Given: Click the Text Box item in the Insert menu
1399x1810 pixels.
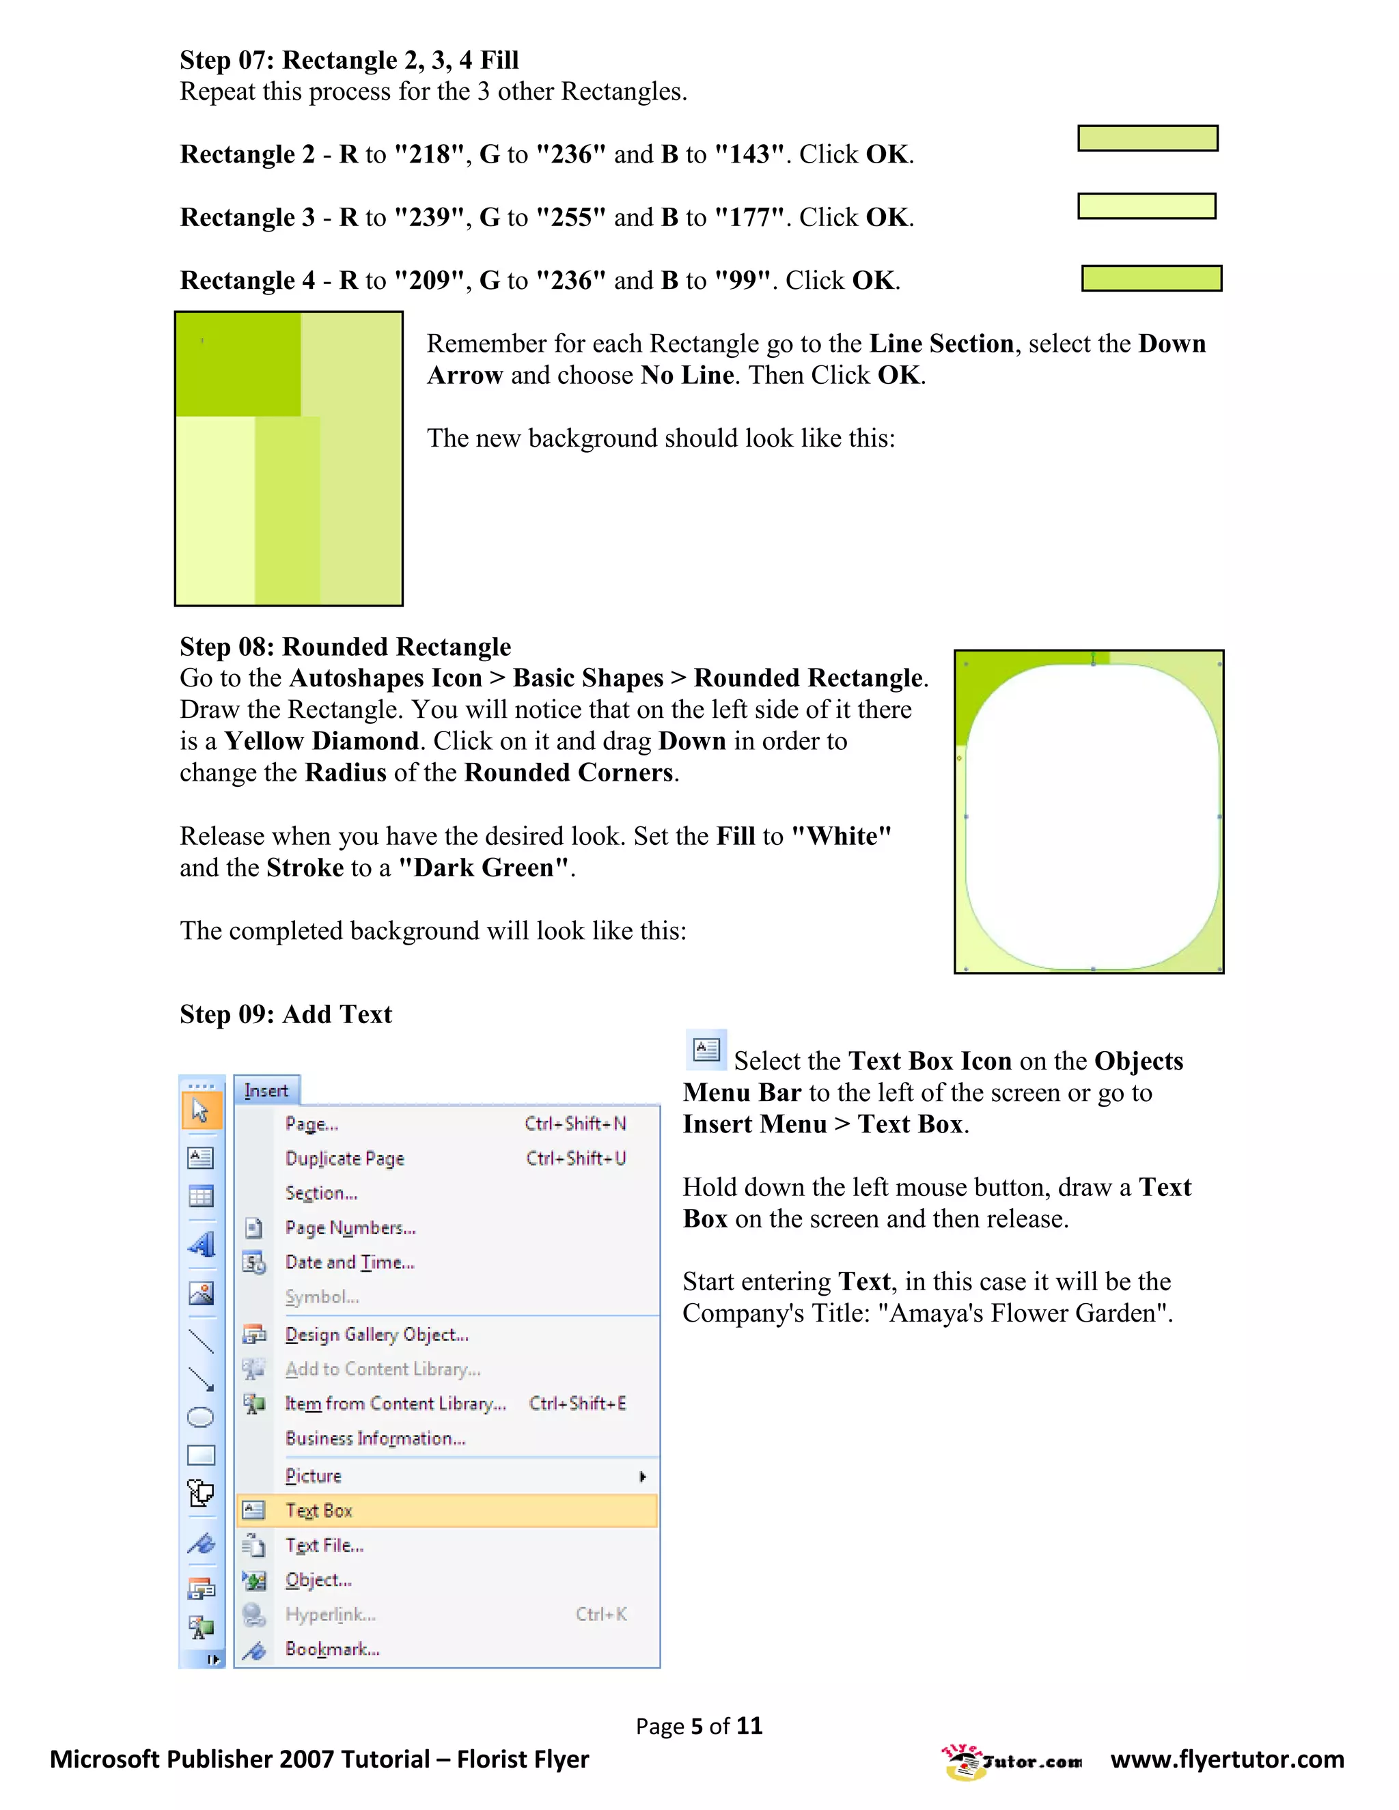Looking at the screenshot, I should pyautogui.click(x=319, y=1511).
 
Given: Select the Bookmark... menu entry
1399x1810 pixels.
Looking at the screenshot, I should pyautogui.click(x=333, y=1649).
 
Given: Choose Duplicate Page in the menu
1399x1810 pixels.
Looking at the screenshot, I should pyautogui.click(x=345, y=1158).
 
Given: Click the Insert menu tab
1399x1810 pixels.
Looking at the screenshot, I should pyautogui.click(x=266, y=1091).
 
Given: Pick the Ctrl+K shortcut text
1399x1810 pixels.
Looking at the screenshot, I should pyautogui.click(x=601, y=1615).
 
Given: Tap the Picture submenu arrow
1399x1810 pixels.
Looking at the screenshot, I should pyautogui.click(x=642, y=1476).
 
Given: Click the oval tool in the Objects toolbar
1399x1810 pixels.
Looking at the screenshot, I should pyautogui.click(x=201, y=1417).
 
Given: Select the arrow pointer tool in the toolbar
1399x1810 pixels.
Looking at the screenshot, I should pyautogui.click(x=201, y=1111).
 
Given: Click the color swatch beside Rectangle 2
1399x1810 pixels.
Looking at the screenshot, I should pyautogui.click(x=1147, y=139).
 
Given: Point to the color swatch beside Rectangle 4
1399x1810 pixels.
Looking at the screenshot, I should pyautogui.click(x=1151, y=279).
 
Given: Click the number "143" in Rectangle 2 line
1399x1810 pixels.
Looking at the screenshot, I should pyautogui.click(x=749, y=154).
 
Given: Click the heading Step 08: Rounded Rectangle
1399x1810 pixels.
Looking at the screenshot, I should pyautogui.click(x=345, y=646).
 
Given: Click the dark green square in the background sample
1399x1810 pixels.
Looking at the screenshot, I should pyautogui.click(x=238, y=365).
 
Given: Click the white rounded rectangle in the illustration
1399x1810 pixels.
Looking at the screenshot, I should pyautogui.click(x=1092, y=816).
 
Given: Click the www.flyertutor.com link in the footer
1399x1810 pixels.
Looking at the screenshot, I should pyautogui.click(x=1227, y=1759).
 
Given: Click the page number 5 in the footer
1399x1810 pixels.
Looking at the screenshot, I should pyautogui.click(x=697, y=1725).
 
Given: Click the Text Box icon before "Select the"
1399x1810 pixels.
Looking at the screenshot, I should pyautogui.click(x=706, y=1050).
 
